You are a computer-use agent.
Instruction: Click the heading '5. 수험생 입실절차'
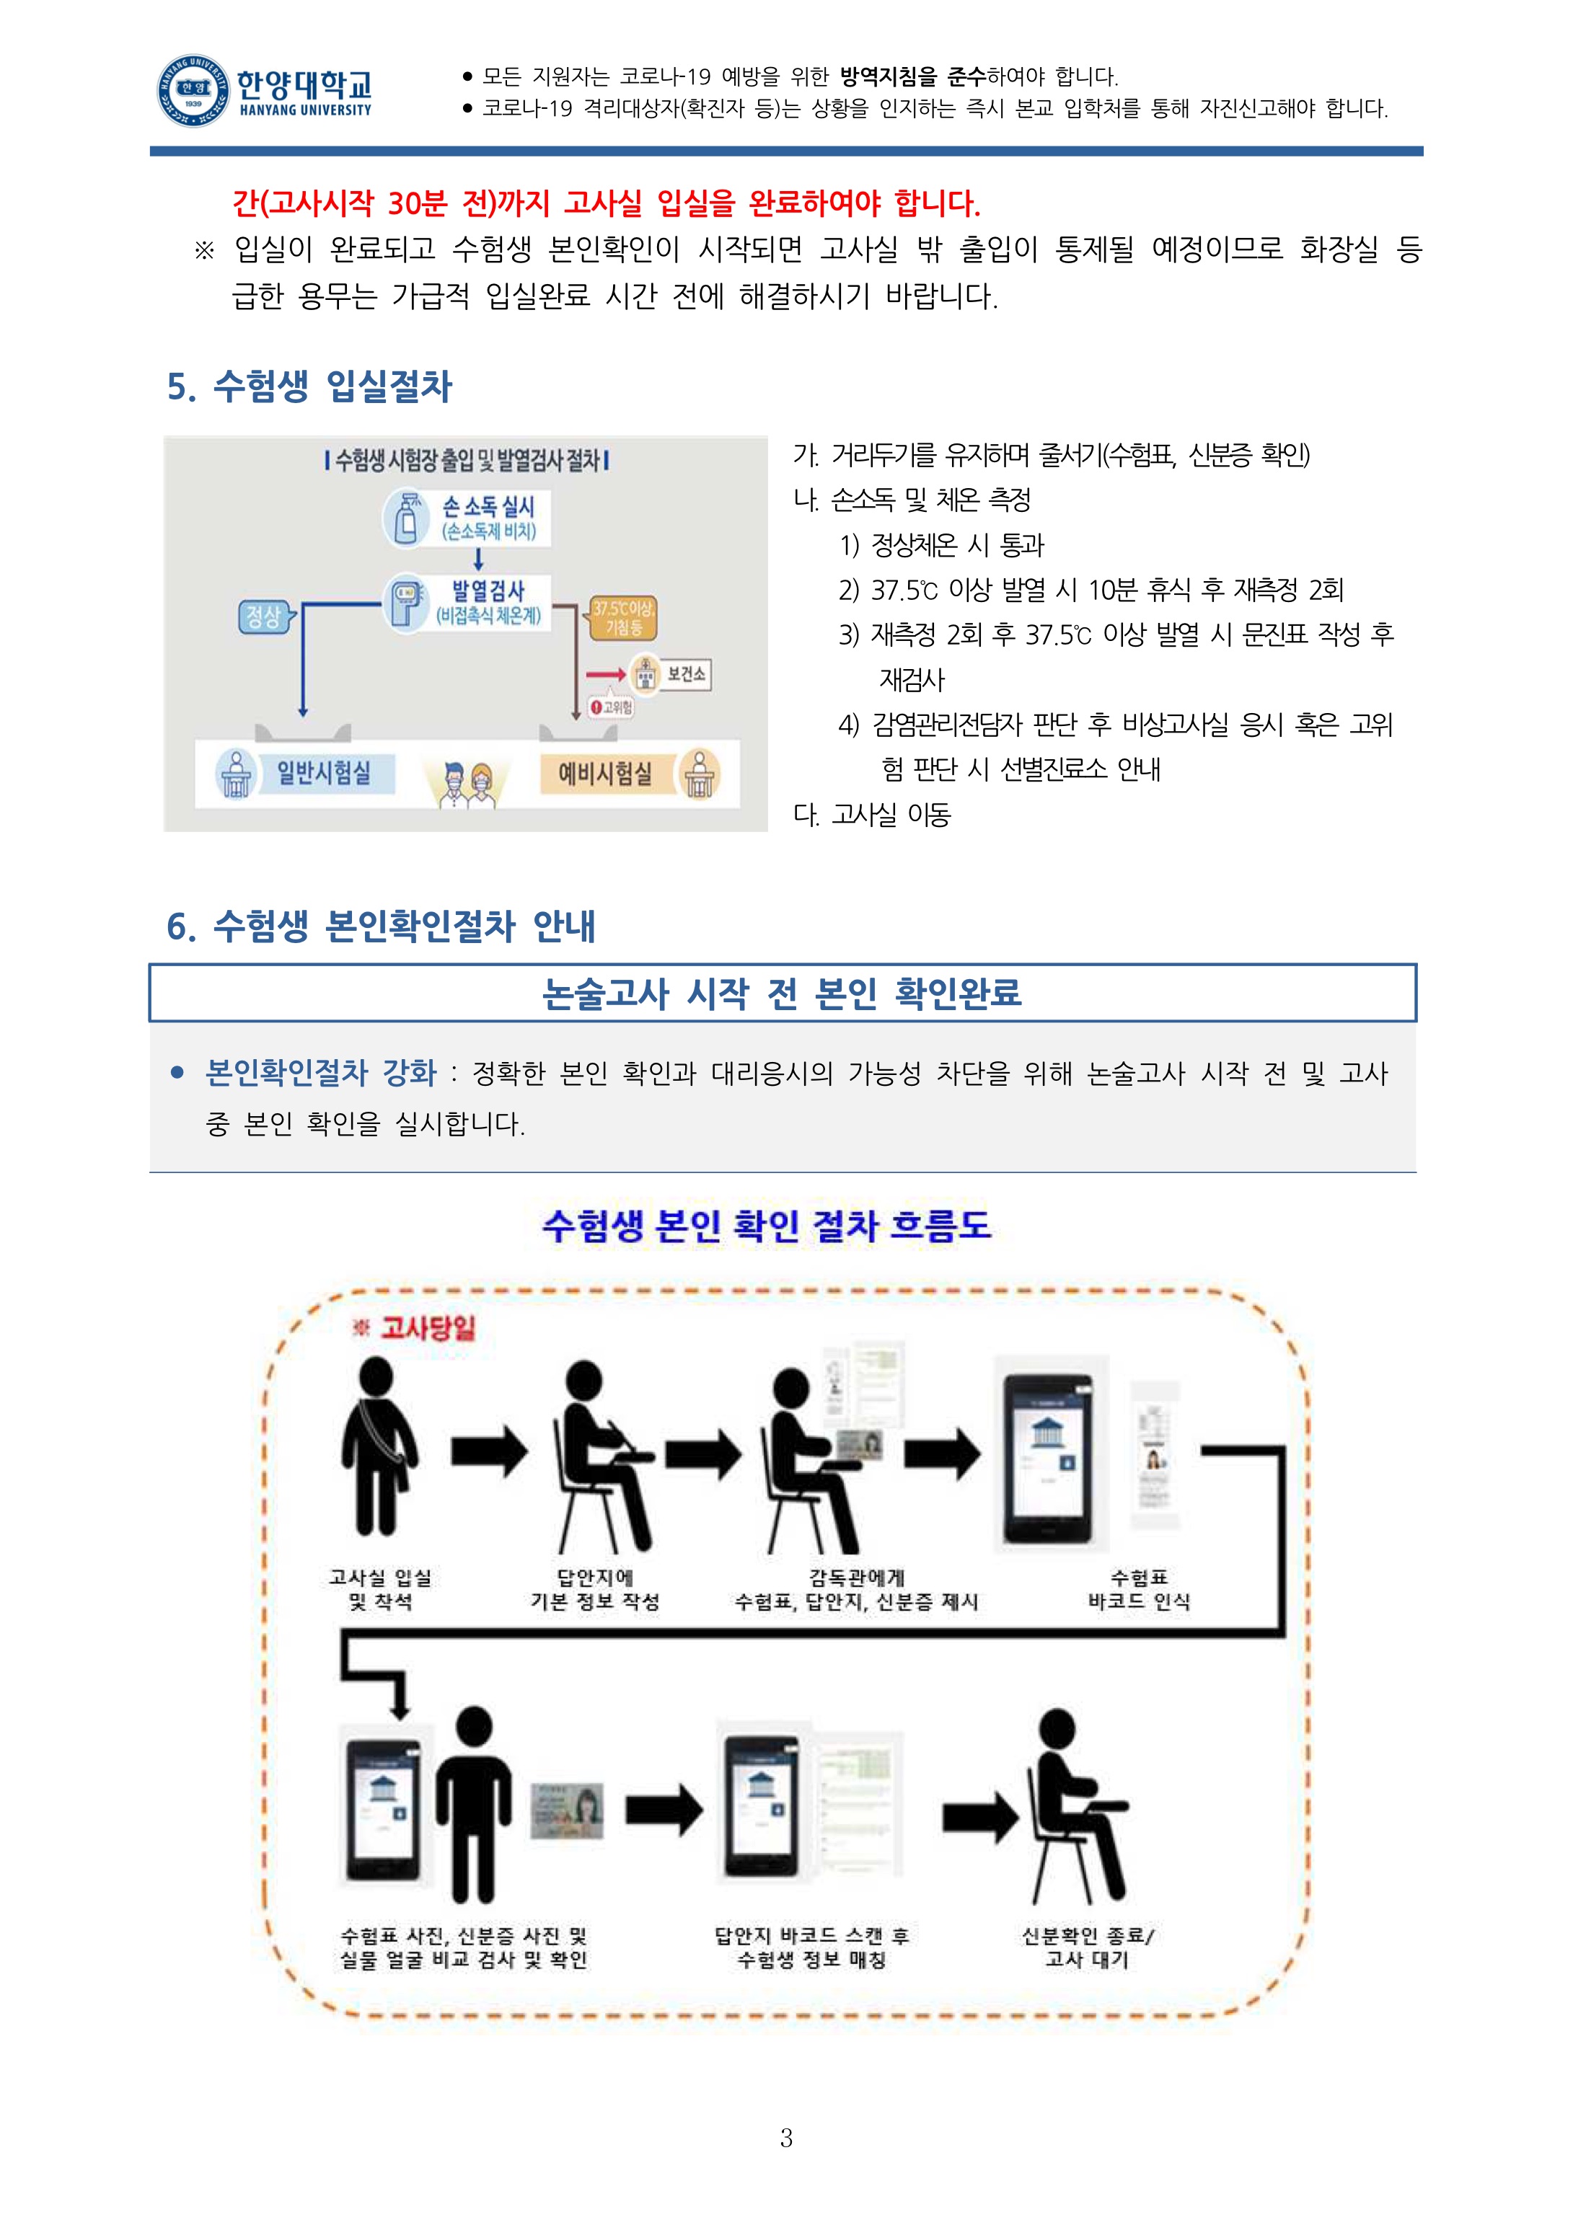(309, 386)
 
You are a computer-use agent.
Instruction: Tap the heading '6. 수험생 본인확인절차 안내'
(381, 926)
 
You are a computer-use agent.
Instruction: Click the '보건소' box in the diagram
(686, 673)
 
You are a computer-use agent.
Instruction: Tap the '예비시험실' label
(605, 774)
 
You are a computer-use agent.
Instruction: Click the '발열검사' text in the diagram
(488, 590)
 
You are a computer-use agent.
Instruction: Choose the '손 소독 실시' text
(488, 506)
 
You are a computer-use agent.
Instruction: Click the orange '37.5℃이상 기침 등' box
(623, 617)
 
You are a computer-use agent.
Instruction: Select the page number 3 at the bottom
(786, 2137)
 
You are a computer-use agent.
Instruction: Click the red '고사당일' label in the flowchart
(426, 1327)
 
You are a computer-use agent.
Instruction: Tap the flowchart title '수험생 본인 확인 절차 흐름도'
(767, 1226)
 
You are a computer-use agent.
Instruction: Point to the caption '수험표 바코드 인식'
(1139, 1589)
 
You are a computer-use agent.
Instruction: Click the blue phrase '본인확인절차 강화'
(321, 1073)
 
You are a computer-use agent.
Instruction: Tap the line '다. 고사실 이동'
(871, 815)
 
